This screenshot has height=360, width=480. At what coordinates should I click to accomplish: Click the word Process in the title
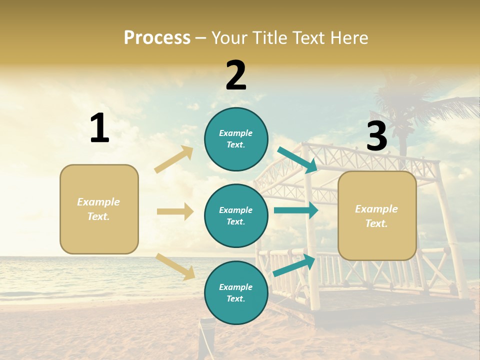click(157, 38)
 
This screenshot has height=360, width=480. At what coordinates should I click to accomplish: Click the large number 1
click(99, 128)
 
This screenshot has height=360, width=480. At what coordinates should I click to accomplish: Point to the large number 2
click(236, 75)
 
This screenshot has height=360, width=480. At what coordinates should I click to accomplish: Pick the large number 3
click(377, 136)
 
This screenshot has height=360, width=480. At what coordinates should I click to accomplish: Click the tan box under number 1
click(99, 209)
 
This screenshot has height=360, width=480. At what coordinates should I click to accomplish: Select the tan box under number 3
click(377, 215)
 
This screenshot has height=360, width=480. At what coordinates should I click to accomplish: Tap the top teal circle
click(236, 139)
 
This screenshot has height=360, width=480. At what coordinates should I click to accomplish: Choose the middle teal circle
click(236, 215)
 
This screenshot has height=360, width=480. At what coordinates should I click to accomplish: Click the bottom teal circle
click(236, 292)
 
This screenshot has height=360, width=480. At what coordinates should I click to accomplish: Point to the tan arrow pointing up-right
click(174, 159)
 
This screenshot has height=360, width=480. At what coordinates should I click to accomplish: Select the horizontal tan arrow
click(175, 211)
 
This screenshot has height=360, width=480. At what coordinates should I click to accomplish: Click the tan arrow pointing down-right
click(175, 266)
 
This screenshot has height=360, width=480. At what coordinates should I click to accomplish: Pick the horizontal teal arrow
click(296, 210)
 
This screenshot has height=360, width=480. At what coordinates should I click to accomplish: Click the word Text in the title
click(310, 38)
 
